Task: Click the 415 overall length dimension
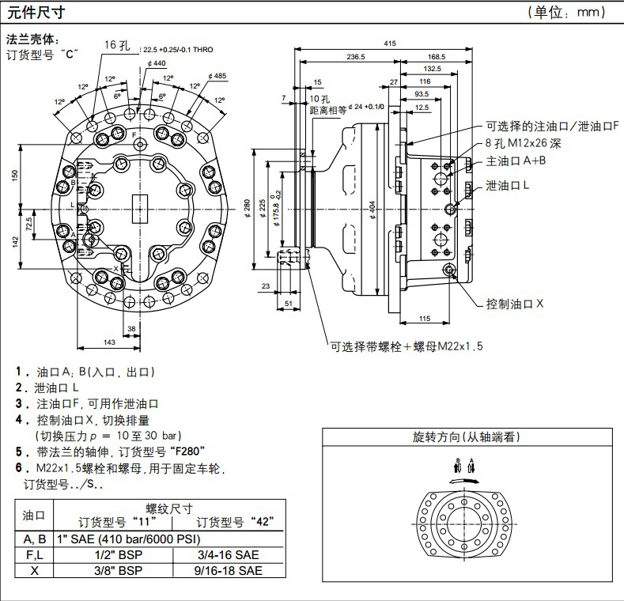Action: pyautogui.click(x=390, y=43)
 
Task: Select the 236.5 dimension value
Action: pyautogui.click(x=355, y=56)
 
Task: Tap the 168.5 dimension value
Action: pyautogui.click(x=436, y=56)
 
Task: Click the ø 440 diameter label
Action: pyautogui.click(x=156, y=63)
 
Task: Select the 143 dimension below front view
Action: pyautogui.click(x=110, y=342)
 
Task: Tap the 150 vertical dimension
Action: pyautogui.click(x=14, y=175)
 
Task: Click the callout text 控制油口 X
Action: pyautogui.click(x=515, y=304)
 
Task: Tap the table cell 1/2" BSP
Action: pyautogui.click(x=115, y=554)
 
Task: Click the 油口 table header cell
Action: pyautogui.click(x=33, y=515)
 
